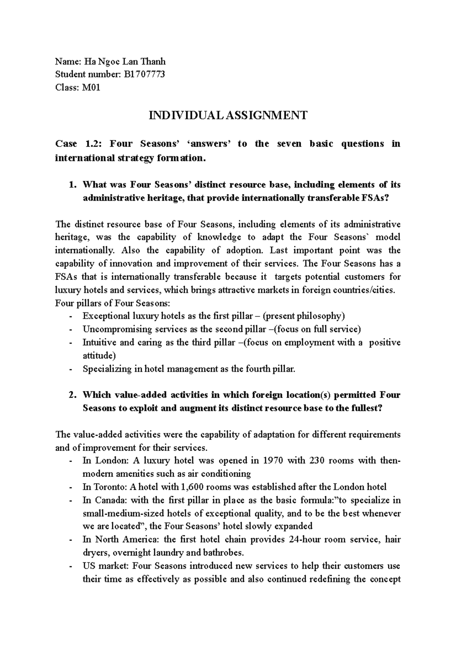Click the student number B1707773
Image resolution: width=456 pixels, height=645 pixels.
[144, 74]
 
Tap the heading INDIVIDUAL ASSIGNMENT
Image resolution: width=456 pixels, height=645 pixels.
[228, 115]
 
